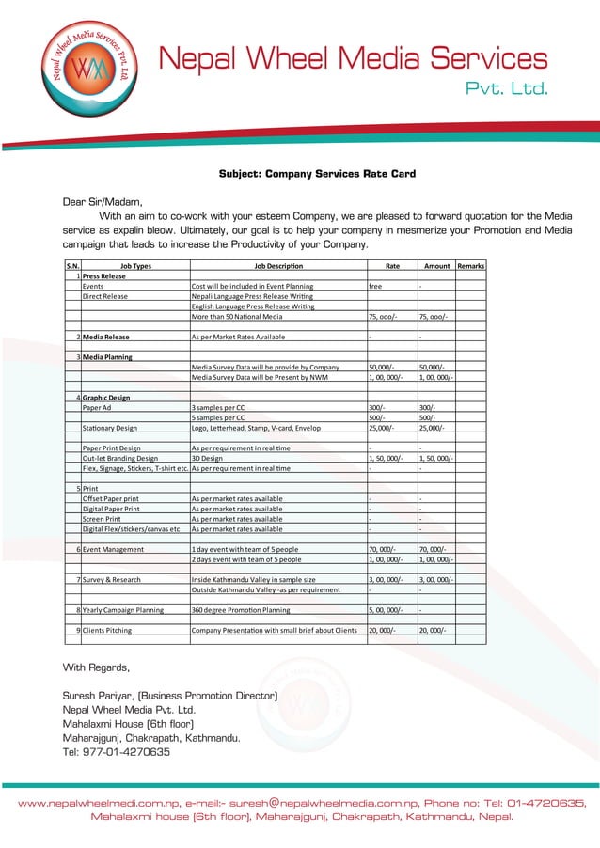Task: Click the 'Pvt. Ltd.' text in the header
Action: [x=508, y=90]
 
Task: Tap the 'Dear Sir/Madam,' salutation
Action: [x=103, y=201]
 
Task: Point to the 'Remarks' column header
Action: [x=470, y=266]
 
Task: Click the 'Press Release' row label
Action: [x=103, y=277]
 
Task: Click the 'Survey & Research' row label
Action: [x=111, y=580]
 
